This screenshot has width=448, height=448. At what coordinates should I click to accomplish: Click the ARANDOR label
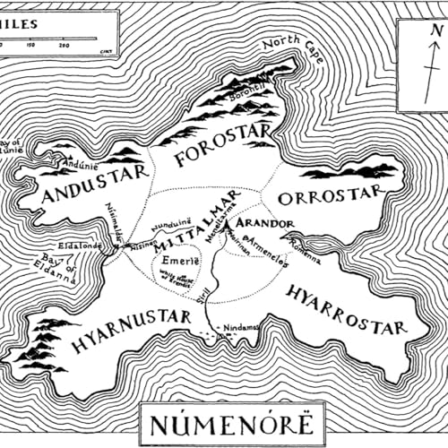coord(266,221)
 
